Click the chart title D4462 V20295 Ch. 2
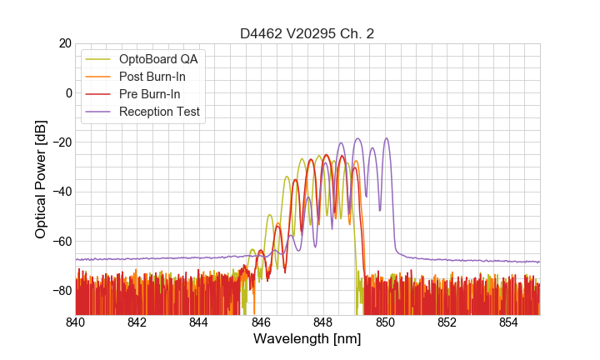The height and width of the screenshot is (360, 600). click(x=307, y=34)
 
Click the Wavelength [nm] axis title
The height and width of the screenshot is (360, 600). click(x=307, y=340)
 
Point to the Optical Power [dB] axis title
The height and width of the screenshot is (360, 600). click(x=41, y=179)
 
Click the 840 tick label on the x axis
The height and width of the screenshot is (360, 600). click(x=75, y=322)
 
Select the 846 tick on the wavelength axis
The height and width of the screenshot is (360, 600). click(x=261, y=322)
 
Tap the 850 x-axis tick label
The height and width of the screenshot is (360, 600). click(x=385, y=322)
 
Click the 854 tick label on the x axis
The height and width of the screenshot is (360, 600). click(x=509, y=322)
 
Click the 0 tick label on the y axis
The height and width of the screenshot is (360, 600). click(x=68, y=92)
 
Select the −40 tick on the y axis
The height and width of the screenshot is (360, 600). click(x=62, y=192)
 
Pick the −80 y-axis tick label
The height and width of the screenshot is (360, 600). click(x=62, y=291)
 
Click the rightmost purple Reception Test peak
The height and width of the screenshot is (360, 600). click(x=386, y=139)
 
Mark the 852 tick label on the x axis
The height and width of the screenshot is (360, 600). click(x=447, y=322)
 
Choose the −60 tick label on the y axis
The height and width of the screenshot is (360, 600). click(x=62, y=242)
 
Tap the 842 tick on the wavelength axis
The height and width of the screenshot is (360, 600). click(x=137, y=322)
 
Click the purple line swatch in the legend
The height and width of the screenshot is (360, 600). click(x=99, y=112)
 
